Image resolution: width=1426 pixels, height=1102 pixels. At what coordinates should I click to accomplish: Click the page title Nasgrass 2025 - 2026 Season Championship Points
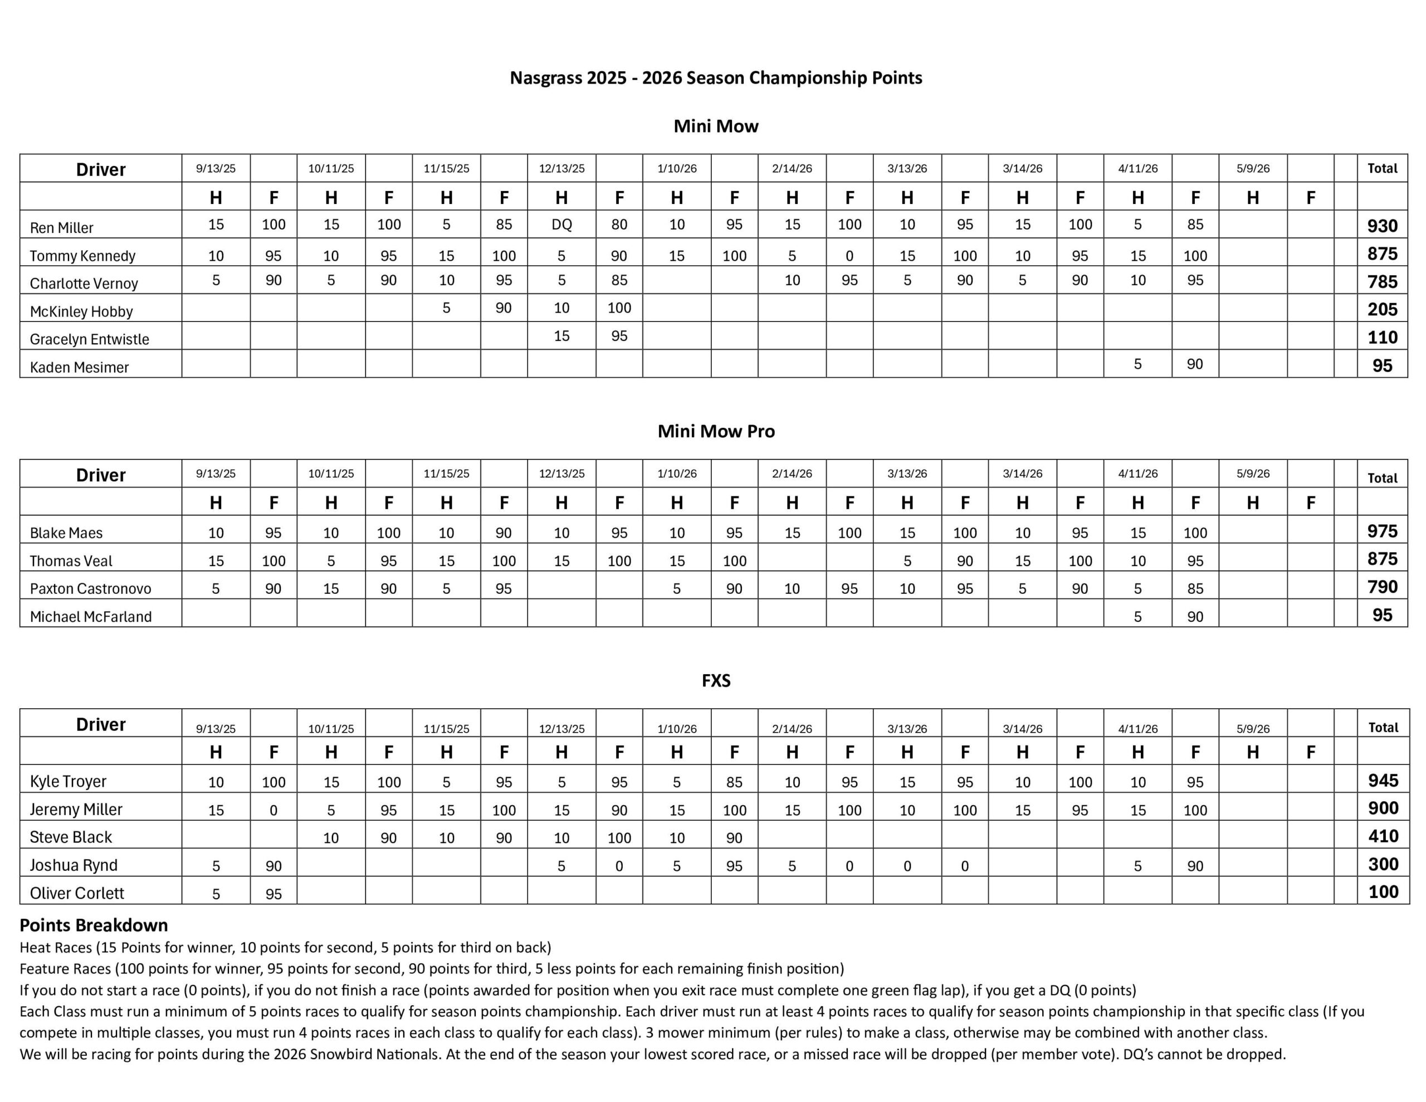click(716, 78)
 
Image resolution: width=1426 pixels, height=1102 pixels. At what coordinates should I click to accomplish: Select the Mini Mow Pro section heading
click(716, 431)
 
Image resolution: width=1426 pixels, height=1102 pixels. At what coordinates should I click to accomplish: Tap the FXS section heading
click(716, 681)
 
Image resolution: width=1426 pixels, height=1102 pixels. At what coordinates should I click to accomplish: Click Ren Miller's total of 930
click(1382, 226)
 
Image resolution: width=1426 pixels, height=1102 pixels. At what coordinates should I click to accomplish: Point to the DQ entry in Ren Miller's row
click(561, 225)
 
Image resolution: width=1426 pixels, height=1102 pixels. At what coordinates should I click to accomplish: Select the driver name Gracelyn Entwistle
click(90, 339)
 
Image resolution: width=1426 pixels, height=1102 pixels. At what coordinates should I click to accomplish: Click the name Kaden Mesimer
click(79, 367)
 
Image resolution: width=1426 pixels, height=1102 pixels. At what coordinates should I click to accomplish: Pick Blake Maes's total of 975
click(1382, 531)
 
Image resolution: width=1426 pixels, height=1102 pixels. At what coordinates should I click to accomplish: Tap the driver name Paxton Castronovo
click(90, 588)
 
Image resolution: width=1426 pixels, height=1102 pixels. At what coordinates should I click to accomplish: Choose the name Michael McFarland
click(91, 617)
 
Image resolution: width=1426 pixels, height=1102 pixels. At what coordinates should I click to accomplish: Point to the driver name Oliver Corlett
click(77, 893)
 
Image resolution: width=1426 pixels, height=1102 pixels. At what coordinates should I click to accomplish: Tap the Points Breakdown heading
click(94, 925)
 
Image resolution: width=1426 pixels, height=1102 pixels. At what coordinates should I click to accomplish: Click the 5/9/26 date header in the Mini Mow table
click(1253, 169)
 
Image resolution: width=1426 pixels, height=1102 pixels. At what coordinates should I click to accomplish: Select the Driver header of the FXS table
click(101, 724)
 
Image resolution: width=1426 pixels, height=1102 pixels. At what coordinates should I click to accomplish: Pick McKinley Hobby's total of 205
click(1382, 310)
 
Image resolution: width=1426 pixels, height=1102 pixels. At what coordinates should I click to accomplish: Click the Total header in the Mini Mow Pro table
click(1382, 478)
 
